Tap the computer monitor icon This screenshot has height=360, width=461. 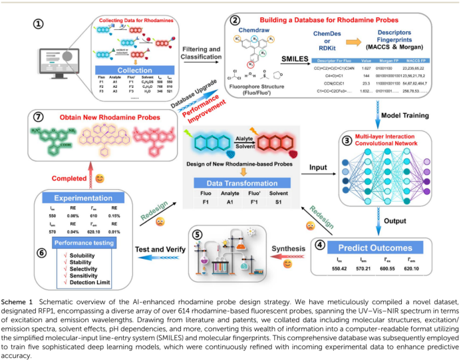[57, 62]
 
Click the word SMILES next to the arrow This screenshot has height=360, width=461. [289, 59]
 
